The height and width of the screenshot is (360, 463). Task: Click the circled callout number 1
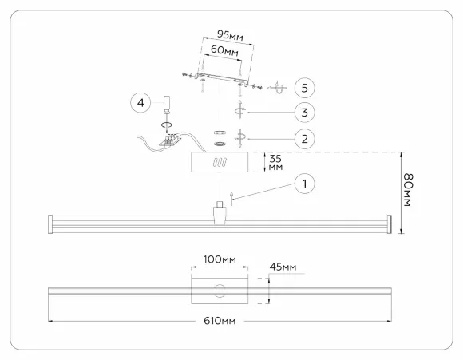(304, 184)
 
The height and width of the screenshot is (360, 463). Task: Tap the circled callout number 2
(304, 139)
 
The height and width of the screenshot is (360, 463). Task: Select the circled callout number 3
(304, 113)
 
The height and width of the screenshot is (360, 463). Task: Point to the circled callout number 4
(140, 103)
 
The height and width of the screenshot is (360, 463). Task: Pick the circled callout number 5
(304, 88)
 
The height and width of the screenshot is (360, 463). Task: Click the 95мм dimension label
(230, 35)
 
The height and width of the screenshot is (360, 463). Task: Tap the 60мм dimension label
(224, 50)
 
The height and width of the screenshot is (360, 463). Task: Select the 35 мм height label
(275, 163)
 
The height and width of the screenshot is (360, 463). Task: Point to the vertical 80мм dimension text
(408, 190)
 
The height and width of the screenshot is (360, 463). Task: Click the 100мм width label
(220, 259)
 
